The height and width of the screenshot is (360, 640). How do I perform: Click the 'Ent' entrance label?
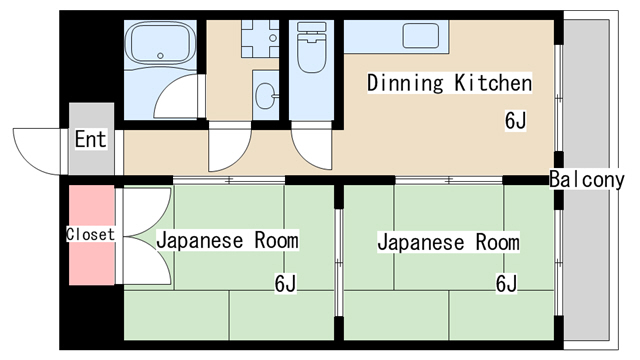[91, 139]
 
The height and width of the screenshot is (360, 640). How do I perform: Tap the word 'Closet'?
[90, 234]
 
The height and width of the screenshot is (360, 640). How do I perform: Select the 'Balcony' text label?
[587, 180]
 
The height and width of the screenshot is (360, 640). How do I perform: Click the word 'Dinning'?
[405, 83]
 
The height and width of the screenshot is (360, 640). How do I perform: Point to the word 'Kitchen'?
[493, 83]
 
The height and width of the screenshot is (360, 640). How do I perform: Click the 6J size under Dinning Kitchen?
[516, 121]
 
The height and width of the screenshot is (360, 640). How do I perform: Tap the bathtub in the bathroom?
[160, 43]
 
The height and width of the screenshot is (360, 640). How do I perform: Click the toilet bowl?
[312, 53]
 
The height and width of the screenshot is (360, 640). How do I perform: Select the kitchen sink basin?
[421, 36]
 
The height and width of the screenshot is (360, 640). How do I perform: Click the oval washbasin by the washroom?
[266, 96]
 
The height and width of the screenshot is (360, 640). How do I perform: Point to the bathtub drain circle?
[160, 56]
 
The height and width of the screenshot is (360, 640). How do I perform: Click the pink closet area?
[91, 235]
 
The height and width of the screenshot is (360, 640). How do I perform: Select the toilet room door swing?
[306, 154]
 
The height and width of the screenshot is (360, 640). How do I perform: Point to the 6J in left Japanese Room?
[285, 284]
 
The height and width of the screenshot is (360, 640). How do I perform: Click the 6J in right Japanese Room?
[507, 284]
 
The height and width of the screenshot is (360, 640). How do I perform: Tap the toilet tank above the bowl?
[312, 27]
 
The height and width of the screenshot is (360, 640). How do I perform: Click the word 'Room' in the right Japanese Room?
[498, 242]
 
